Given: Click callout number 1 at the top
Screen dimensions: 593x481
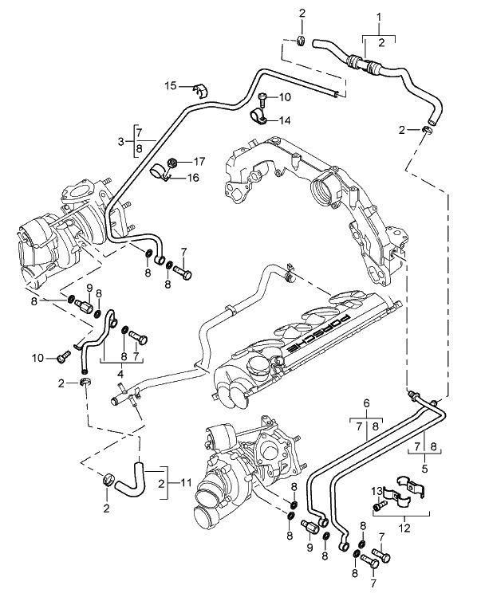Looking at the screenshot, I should [x=379, y=17].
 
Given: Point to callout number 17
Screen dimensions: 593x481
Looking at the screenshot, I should [x=199, y=161].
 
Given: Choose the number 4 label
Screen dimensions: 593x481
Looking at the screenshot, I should [x=120, y=371].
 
